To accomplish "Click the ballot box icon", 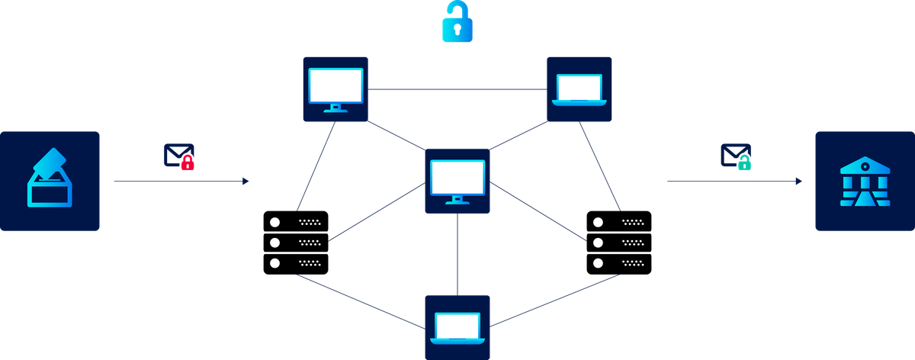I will [x=50, y=182].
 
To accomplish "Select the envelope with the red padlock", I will [x=179, y=156].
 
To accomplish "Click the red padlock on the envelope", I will [x=188, y=162].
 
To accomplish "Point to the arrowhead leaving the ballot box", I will [x=246, y=182].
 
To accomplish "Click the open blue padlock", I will [x=457, y=22].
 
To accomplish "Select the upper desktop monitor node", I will [x=335, y=88].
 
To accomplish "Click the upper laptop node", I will [x=580, y=88].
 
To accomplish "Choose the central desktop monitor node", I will [x=457, y=181].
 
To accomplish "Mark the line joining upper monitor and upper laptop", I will [x=457, y=88].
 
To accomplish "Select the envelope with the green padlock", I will [x=736, y=156].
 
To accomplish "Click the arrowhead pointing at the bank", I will [x=799, y=182].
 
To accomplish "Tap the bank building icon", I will [x=864, y=182].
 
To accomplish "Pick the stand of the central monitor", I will [x=457, y=200].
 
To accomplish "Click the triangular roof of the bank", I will [x=864, y=162].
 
